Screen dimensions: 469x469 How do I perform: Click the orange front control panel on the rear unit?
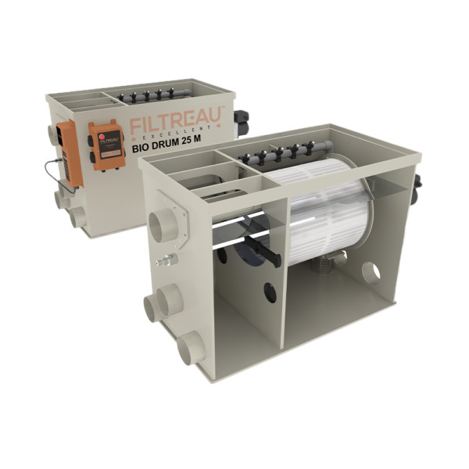click(106, 145)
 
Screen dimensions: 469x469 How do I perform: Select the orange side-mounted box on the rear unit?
click(70, 152)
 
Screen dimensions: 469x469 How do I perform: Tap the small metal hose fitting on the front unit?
click(166, 260)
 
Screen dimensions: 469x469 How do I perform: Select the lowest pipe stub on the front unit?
click(189, 349)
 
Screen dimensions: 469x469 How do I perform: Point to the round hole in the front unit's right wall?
click(371, 273)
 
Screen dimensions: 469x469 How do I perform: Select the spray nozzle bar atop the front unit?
click(281, 152)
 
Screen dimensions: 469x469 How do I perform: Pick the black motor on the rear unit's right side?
click(242, 121)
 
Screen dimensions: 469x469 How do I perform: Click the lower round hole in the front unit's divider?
click(270, 294)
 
